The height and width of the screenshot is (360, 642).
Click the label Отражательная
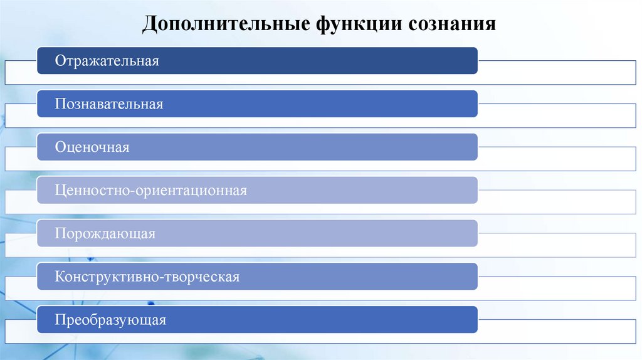click(107, 61)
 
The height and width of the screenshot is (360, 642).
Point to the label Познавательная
click(109, 104)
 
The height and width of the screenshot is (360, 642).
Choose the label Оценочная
click(92, 147)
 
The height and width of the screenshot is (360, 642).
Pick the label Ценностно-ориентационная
click(150, 191)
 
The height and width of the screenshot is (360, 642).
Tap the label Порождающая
click(105, 234)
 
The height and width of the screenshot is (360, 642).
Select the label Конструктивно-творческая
click(147, 277)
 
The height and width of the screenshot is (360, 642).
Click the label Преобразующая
click(110, 320)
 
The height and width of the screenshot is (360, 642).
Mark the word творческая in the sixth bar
click(204, 277)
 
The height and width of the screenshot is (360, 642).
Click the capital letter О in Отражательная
click(60, 61)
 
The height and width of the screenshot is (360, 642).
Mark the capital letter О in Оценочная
click(60, 147)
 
